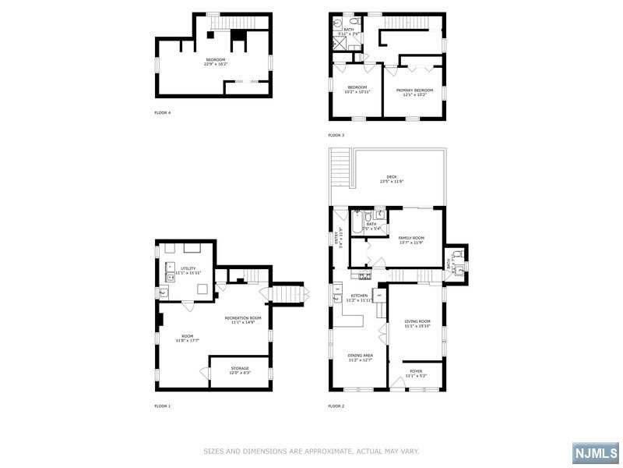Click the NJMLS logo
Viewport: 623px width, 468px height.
595,452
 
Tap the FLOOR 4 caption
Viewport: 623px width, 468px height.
163,113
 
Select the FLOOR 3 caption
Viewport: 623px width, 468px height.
336,135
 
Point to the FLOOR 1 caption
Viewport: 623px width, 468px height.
163,406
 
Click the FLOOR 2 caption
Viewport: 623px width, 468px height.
336,406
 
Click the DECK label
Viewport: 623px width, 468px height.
392,178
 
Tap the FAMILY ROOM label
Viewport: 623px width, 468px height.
410,238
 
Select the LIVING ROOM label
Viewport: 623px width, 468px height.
417,322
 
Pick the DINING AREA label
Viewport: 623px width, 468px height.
360,356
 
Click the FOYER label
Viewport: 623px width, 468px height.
416,371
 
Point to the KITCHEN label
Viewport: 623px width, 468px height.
358,296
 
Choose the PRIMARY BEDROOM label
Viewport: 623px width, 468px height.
414,90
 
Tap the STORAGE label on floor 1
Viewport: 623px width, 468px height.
239,369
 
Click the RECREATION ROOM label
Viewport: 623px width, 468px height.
243,318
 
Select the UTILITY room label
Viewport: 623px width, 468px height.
188,268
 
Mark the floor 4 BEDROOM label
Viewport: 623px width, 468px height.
216,60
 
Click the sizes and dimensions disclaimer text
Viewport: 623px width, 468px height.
311,451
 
